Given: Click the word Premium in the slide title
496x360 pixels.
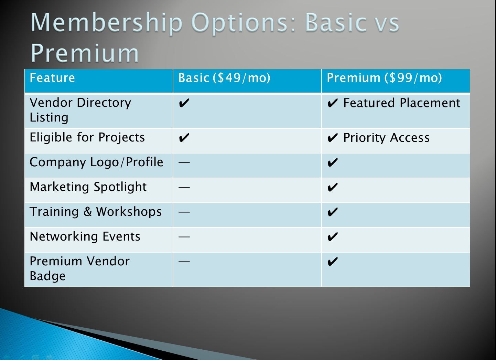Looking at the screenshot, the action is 85,53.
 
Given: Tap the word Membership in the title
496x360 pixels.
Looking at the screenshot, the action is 107,23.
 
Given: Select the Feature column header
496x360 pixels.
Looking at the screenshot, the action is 52,78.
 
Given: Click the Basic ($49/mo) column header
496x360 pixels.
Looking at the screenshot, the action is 224,78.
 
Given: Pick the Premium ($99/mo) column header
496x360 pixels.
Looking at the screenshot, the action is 384,78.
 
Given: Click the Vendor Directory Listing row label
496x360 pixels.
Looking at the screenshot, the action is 80,110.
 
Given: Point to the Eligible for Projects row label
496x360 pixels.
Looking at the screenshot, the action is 87,138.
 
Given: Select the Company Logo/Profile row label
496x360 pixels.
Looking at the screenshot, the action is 96,162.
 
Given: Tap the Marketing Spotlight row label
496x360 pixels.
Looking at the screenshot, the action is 88,187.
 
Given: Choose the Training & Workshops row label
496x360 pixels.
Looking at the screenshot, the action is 95,212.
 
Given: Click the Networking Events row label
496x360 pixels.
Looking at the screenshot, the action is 85,236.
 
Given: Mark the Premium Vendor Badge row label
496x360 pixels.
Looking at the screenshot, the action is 79,268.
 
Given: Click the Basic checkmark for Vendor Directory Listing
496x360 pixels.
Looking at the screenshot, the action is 184,103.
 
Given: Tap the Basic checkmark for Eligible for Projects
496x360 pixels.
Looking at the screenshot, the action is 184,138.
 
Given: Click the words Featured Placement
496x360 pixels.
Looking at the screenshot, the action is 402,103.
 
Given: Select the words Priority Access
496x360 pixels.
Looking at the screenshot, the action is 386,138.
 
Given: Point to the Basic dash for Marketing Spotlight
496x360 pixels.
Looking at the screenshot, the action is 184,188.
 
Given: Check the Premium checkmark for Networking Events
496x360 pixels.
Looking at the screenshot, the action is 333,237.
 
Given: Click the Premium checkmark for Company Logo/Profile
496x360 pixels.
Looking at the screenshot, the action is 333,162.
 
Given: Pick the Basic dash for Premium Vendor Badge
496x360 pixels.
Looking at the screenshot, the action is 184,262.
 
